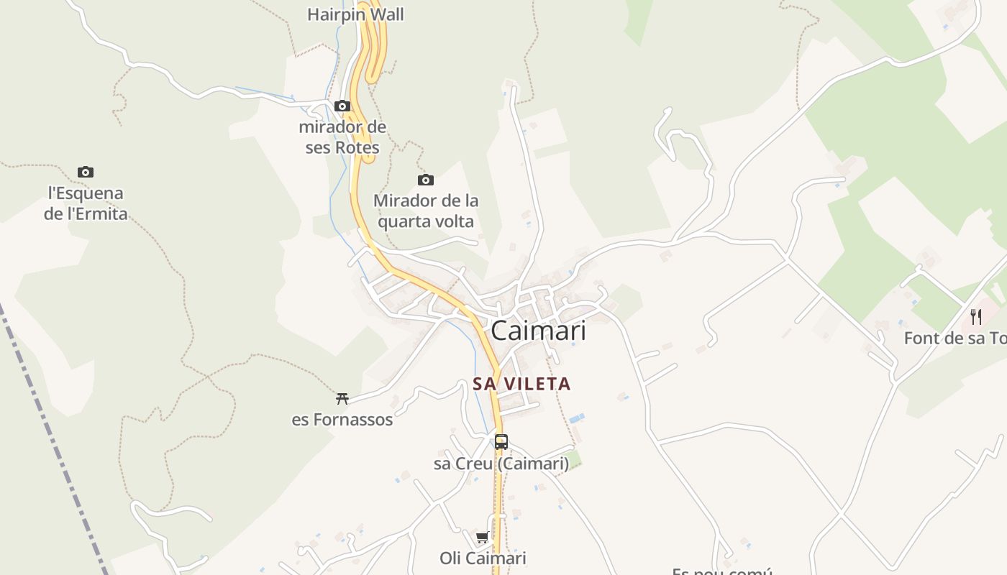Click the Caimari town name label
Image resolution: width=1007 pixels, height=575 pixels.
pyautogui.click(x=538, y=331)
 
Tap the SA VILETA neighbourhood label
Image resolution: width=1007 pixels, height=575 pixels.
pyautogui.click(x=521, y=384)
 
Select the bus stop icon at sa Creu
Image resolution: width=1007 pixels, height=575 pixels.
pyautogui.click(x=501, y=442)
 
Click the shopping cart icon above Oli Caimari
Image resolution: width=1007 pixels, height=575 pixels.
pyautogui.click(x=483, y=538)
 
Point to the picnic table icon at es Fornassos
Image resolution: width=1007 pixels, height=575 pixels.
pyautogui.click(x=342, y=398)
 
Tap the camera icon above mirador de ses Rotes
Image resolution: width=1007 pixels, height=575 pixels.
pyautogui.click(x=342, y=106)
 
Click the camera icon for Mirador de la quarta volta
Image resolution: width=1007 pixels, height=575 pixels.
pyautogui.click(x=426, y=180)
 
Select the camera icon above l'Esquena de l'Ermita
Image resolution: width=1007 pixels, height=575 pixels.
pyautogui.click(x=86, y=172)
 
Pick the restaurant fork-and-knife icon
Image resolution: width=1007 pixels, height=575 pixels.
pyautogui.click(x=976, y=317)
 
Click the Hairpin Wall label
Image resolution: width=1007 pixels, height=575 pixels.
pyautogui.click(x=355, y=14)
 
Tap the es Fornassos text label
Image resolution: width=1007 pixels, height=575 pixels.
pyautogui.click(x=342, y=420)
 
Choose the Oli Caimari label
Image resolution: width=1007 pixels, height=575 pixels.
pyautogui.click(x=483, y=558)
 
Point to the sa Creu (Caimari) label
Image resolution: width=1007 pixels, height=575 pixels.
pyautogui.click(x=501, y=464)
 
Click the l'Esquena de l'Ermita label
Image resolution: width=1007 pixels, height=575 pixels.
pyautogui.click(x=86, y=203)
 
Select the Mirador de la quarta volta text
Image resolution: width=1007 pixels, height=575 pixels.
pyautogui.click(x=426, y=211)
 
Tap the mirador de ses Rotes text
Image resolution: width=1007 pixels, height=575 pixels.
pyautogui.click(x=342, y=137)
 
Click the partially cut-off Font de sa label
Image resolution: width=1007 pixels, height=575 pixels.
pyautogui.click(x=954, y=339)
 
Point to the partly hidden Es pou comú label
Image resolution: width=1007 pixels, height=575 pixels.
pyautogui.click(x=721, y=571)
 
